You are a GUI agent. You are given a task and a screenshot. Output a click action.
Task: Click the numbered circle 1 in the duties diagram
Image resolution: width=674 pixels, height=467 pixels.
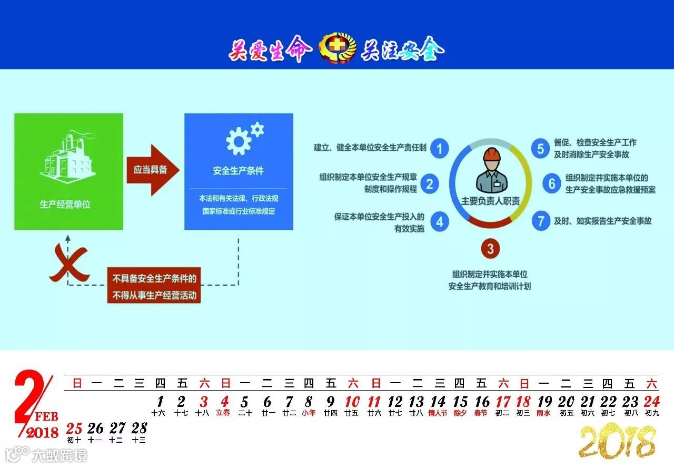click(439, 148)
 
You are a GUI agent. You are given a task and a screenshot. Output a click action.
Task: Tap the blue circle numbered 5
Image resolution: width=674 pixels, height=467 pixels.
click(540, 148)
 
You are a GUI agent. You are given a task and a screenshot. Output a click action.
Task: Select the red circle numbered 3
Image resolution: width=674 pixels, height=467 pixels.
click(490, 248)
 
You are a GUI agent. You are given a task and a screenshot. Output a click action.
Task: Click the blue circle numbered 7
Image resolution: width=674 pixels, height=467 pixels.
click(540, 220)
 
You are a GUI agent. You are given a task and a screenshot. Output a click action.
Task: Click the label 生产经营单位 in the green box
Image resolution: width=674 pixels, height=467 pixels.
click(65, 205)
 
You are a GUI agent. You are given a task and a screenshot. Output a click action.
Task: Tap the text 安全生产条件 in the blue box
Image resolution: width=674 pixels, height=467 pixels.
click(238, 171)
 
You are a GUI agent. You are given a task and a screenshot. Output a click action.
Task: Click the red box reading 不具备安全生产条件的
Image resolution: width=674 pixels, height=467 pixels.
click(154, 278)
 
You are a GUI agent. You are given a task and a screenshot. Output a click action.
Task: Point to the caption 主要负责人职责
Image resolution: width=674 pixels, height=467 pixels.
click(490, 201)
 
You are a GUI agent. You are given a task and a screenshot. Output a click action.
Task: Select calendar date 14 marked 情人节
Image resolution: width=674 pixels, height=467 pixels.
click(438, 402)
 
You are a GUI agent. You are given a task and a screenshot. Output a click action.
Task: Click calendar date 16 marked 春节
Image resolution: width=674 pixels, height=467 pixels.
click(482, 402)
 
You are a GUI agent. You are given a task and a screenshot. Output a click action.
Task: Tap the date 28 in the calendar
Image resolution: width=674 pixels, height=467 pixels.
click(139, 427)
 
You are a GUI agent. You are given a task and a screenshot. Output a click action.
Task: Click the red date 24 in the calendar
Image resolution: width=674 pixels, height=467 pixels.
click(651, 402)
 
